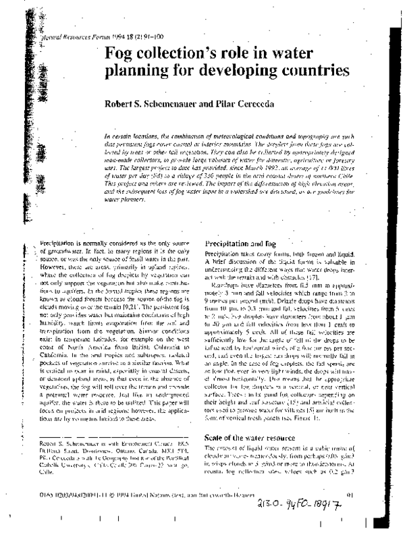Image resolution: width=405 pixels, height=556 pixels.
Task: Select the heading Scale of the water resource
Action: tap(248, 438)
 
